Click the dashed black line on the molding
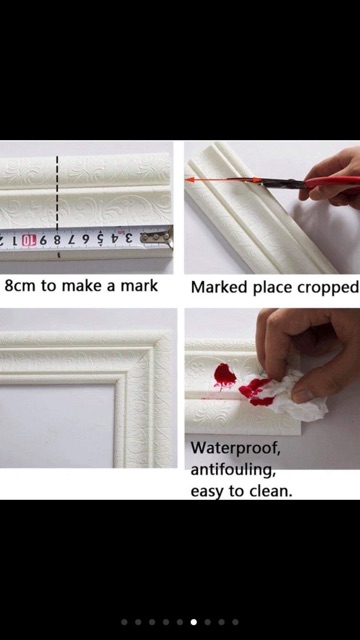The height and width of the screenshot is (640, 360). [x=57, y=193]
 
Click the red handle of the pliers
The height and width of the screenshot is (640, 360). [x=333, y=182]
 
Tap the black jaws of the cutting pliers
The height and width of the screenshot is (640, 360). [x=282, y=182]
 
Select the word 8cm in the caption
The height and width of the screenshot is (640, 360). [x=20, y=286]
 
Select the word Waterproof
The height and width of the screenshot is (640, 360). [x=236, y=449]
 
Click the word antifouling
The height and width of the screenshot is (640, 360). [x=233, y=470]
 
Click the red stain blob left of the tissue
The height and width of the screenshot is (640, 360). [x=224, y=376]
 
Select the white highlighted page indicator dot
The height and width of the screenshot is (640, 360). [x=194, y=622]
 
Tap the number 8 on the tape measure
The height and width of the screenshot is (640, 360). [x=58, y=240]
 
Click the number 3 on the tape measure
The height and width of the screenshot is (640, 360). [x=129, y=238]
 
